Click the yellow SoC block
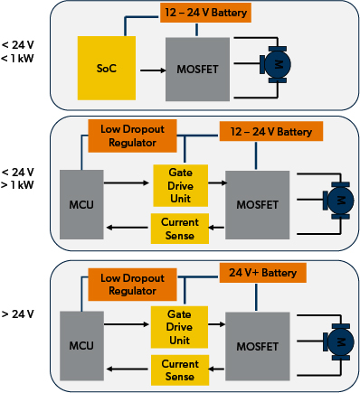click(x=107, y=69)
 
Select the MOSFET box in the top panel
click(x=194, y=69)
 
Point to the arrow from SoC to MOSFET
click(x=149, y=69)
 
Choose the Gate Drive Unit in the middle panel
click(x=180, y=181)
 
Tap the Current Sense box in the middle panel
click(x=180, y=224)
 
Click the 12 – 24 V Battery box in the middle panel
click(x=270, y=131)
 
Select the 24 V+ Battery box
click(x=263, y=272)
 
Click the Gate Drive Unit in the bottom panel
click(x=180, y=326)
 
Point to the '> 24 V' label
click(x=19, y=314)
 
